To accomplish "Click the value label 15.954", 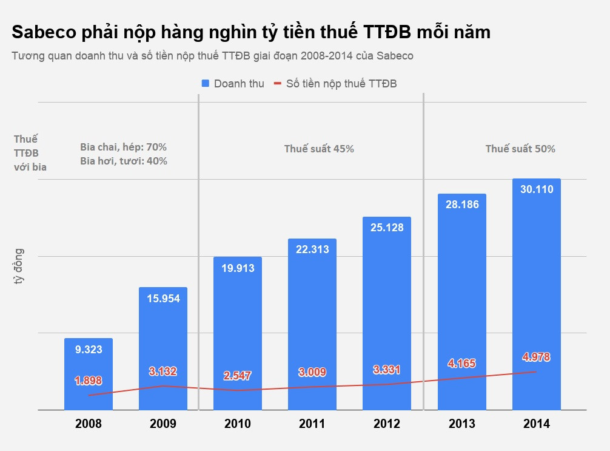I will (x=163, y=298).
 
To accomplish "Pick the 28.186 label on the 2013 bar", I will (x=461, y=205).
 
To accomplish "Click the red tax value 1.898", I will (x=89, y=381).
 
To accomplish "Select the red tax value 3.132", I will (x=163, y=371).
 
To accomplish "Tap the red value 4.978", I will (x=536, y=357).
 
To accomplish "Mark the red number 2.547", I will (x=238, y=376).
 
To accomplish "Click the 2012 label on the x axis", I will (x=387, y=424).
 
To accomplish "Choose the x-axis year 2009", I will (x=163, y=424).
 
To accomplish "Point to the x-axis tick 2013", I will (x=461, y=424).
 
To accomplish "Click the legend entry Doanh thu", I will (x=238, y=84).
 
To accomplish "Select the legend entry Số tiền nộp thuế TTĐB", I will (x=341, y=84).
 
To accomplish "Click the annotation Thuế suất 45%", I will (x=319, y=149).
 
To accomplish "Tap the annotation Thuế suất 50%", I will (x=520, y=149).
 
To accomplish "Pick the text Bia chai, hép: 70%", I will (x=123, y=147).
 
